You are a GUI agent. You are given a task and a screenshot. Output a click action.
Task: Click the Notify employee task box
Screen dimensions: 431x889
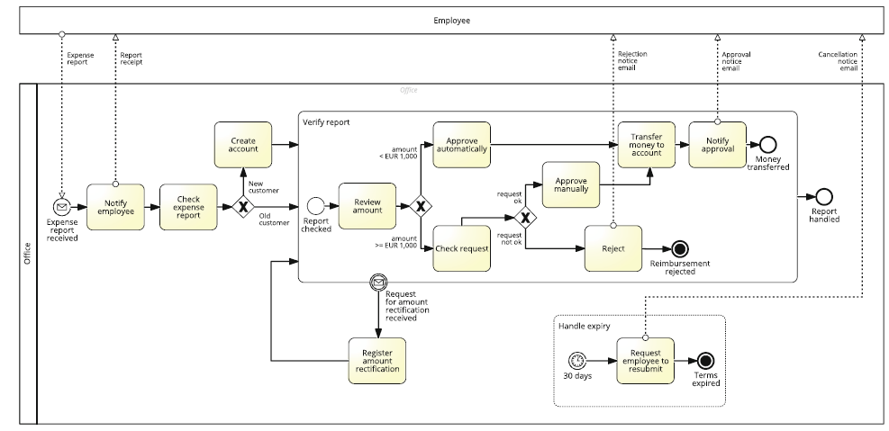pyautogui.click(x=115, y=206)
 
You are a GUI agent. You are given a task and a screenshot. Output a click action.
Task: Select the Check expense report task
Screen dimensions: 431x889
pyautogui.click(x=188, y=206)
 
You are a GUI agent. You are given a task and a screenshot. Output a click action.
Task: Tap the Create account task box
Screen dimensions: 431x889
pyautogui.click(x=243, y=144)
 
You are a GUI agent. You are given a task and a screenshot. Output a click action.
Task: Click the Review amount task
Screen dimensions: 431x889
pyautogui.click(x=367, y=206)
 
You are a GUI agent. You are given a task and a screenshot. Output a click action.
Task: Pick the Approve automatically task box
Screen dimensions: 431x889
pyautogui.click(x=462, y=144)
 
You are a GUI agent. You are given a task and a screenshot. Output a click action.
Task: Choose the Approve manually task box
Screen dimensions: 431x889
pyautogui.click(x=570, y=184)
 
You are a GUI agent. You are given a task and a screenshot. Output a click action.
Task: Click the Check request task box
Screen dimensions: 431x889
pyautogui.click(x=462, y=247)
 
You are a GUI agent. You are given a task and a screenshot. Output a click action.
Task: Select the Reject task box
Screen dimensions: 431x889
pyautogui.click(x=612, y=247)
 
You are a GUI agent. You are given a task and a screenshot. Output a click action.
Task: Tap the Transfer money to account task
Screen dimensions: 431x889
pyautogui.click(x=647, y=144)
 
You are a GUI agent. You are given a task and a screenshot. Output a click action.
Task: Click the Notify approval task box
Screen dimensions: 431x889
pyautogui.click(x=718, y=144)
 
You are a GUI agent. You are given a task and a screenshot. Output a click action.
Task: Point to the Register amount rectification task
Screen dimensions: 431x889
pyautogui.click(x=377, y=360)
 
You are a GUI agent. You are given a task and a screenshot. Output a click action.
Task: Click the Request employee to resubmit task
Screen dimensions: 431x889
pyautogui.click(x=645, y=360)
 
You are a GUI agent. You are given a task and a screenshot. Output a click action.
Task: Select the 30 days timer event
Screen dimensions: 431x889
pyautogui.click(x=577, y=360)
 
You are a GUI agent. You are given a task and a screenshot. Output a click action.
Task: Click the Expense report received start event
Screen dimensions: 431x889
pyautogui.click(x=62, y=206)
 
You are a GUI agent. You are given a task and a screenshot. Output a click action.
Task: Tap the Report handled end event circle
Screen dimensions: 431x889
pyautogui.click(x=823, y=197)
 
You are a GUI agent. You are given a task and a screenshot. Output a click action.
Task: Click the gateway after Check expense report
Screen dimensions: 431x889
pyautogui.click(x=242, y=206)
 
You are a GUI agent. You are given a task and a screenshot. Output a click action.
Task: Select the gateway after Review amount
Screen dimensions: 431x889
pyautogui.click(x=419, y=206)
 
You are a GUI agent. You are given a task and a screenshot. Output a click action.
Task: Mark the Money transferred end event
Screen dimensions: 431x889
pyautogui.click(x=767, y=144)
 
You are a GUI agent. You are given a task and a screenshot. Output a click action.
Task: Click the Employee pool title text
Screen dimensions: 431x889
pyautogui.click(x=451, y=20)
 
